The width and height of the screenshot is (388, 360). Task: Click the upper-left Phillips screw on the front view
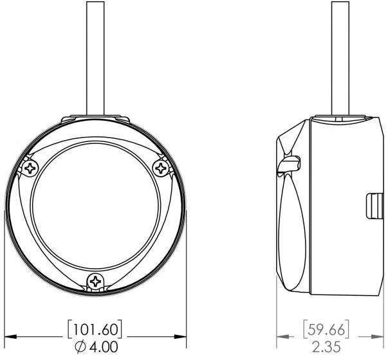(30, 169)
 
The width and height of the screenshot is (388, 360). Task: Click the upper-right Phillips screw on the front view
(160, 168)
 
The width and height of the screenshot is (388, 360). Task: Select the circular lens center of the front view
(95, 206)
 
